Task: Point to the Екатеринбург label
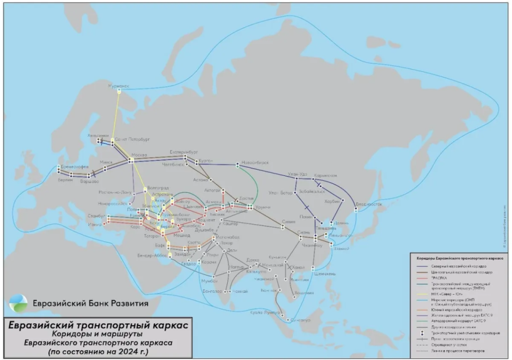[185, 151]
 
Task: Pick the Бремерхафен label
[73, 167]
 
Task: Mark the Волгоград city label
[156, 188]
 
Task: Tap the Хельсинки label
[98, 135]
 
